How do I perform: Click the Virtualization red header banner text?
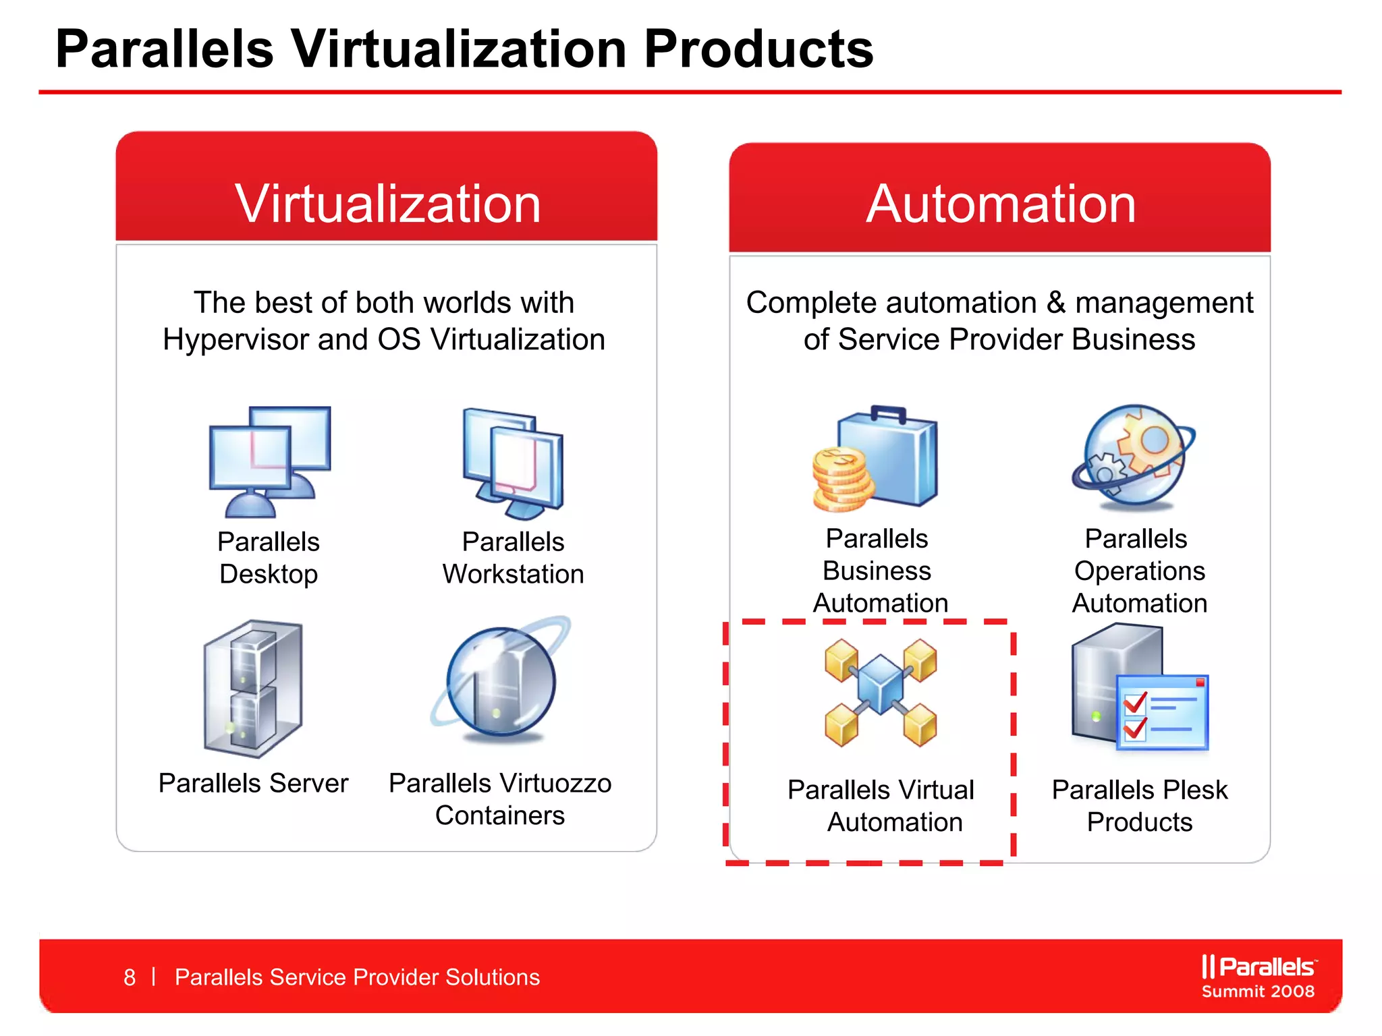click(x=387, y=204)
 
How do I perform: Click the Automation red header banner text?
click(x=1001, y=204)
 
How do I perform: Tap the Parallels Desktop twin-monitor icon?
click(x=269, y=461)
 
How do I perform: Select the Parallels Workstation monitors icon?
click(x=514, y=463)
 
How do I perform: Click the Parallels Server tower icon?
click(x=254, y=688)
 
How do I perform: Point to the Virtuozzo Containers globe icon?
click(x=501, y=681)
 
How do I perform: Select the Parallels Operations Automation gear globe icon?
click(x=1134, y=456)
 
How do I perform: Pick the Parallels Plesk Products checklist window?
click(x=1162, y=712)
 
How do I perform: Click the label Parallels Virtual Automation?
click(x=881, y=806)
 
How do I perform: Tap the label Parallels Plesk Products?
click(x=1140, y=806)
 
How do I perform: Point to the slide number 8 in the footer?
click(x=130, y=977)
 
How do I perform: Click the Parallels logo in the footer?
click(x=1258, y=967)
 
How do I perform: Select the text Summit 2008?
click(x=1258, y=991)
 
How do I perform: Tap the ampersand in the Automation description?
click(x=1055, y=303)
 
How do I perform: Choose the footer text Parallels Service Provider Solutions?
click(x=357, y=977)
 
